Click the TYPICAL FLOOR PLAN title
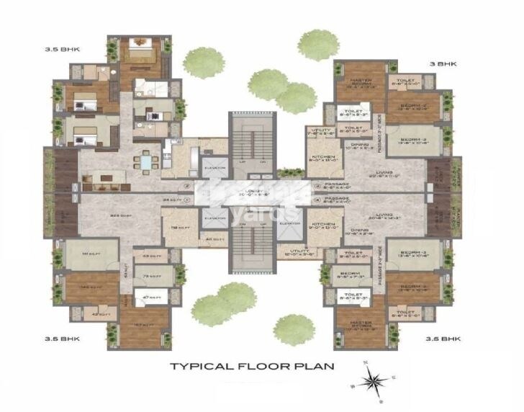coord(252,366)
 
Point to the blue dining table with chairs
coord(146,161)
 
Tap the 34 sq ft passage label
coord(171,200)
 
